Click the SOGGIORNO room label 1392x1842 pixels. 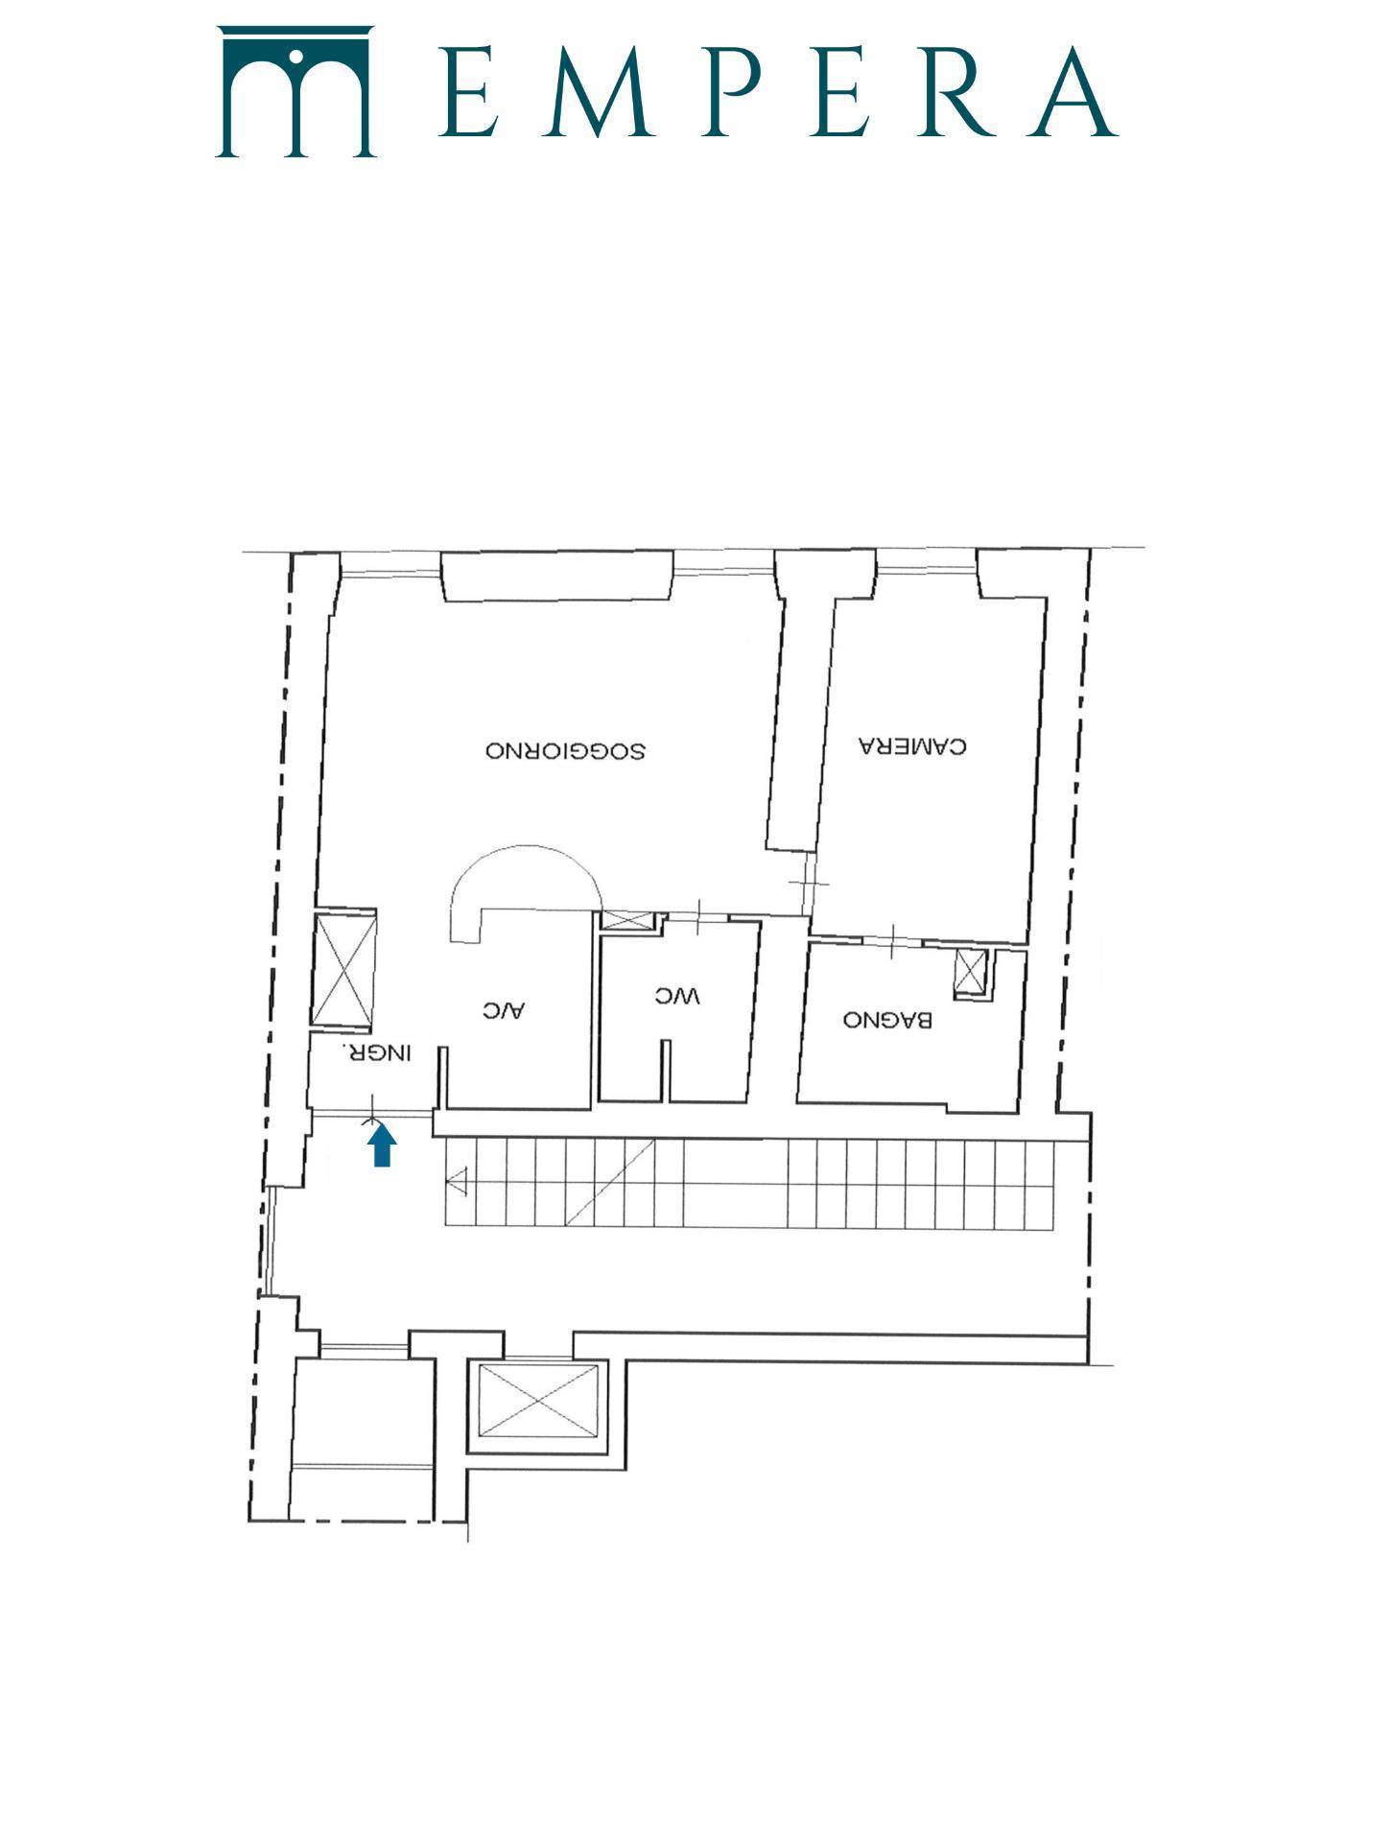click(564, 750)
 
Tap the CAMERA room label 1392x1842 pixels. click(913, 745)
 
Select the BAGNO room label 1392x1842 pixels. click(887, 1020)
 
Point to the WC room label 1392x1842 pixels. click(678, 997)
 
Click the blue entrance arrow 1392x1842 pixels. click(383, 1145)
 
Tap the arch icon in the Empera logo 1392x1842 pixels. click(295, 91)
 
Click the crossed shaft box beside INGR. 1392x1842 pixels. click(345, 971)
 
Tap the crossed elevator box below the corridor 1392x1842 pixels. click(538, 1402)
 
